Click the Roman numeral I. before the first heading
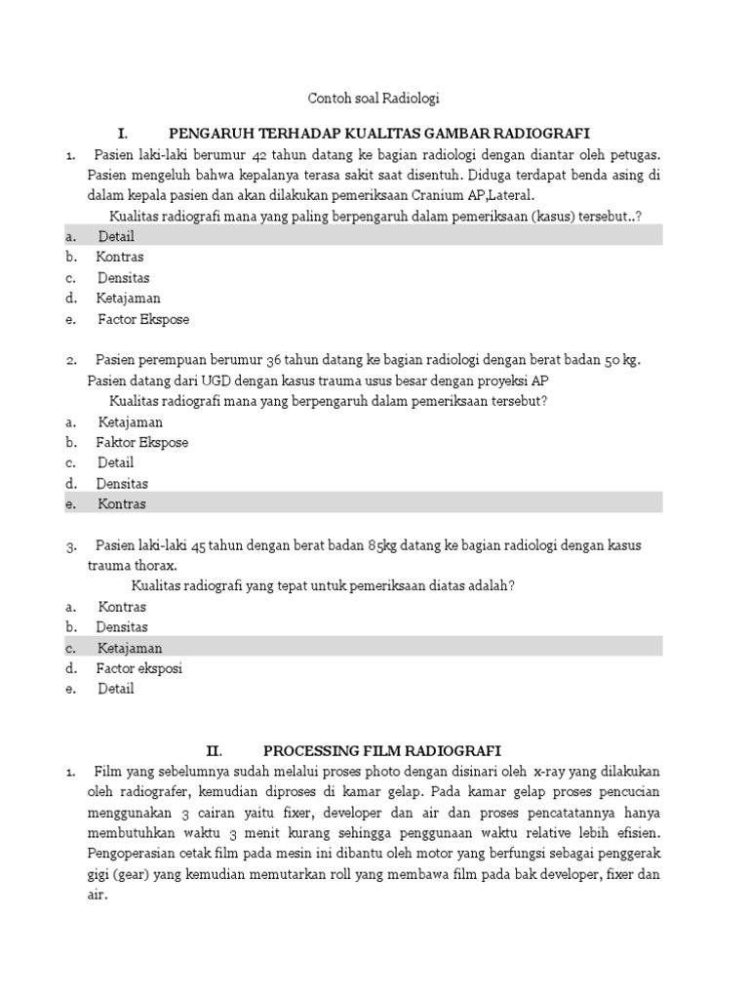coord(122,133)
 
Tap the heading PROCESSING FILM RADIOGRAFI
coord(382,750)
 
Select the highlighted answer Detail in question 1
coord(116,236)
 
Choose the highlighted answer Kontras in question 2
coord(122,503)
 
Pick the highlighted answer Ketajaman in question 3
coord(130,648)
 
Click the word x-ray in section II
coord(528,772)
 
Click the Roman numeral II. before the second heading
coord(214,750)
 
